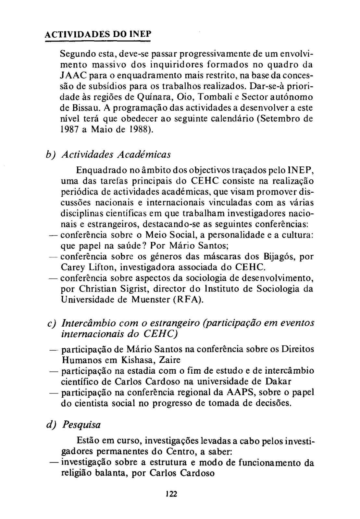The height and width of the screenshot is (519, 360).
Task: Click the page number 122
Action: [171, 494]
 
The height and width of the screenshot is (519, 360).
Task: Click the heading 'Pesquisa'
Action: [81, 425]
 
